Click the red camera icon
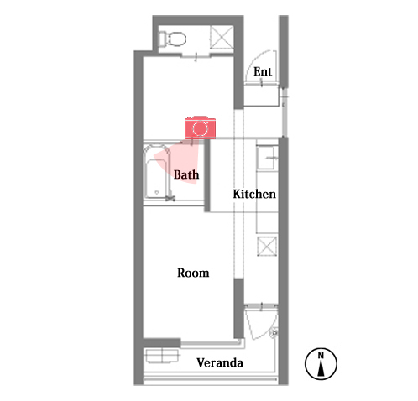pos(200,128)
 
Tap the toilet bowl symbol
pos(177,39)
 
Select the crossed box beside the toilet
pos(222,38)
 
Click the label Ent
pos(263,71)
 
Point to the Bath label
pos(186,174)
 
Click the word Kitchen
pos(254,194)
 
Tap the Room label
pos(193,273)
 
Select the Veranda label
pos(220,362)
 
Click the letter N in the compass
pos(321,355)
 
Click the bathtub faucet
pos(170,196)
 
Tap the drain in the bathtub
pos(157,192)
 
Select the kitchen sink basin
pos(265,158)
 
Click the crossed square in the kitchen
pos(267,246)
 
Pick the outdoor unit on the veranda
pos(162,356)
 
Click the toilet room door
pos(196,56)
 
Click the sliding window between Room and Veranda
pos(211,342)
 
